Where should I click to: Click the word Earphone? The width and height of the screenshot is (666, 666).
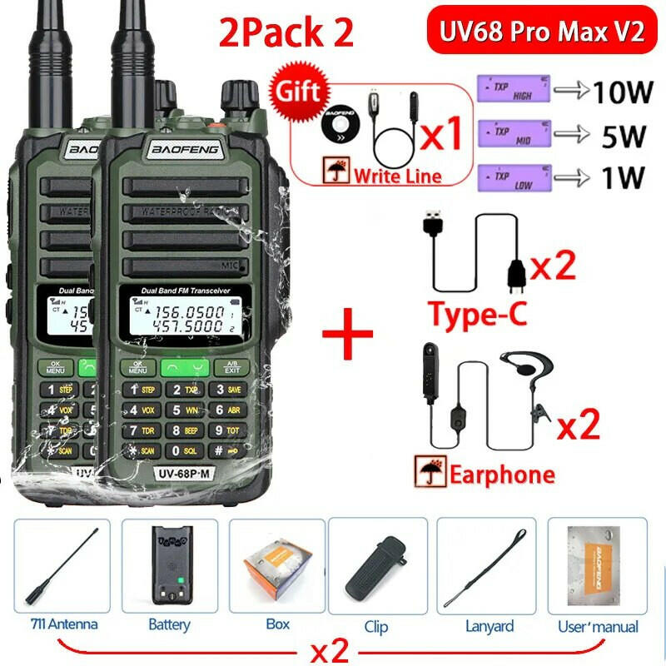[x=502, y=475]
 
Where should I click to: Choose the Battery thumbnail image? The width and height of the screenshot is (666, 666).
[x=169, y=566]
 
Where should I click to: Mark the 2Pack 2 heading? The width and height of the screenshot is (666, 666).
[x=286, y=33]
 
